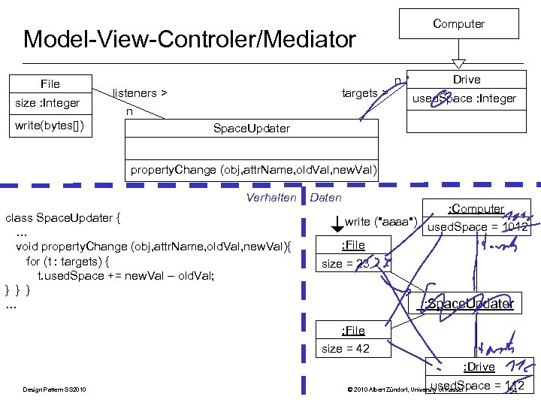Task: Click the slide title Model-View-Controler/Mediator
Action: point(189,39)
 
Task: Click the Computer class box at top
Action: point(458,24)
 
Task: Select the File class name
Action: point(50,83)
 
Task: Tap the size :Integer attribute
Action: point(47,103)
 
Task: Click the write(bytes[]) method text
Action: point(50,125)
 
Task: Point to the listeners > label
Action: point(140,93)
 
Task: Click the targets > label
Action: point(364,93)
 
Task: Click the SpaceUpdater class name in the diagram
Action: point(251,129)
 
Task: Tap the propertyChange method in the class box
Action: point(253,169)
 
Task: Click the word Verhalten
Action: point(271,198)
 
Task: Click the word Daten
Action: point(325,198)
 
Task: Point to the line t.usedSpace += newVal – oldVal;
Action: point(126,275)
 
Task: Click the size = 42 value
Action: point(345,348)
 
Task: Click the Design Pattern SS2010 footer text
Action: point(54,389)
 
